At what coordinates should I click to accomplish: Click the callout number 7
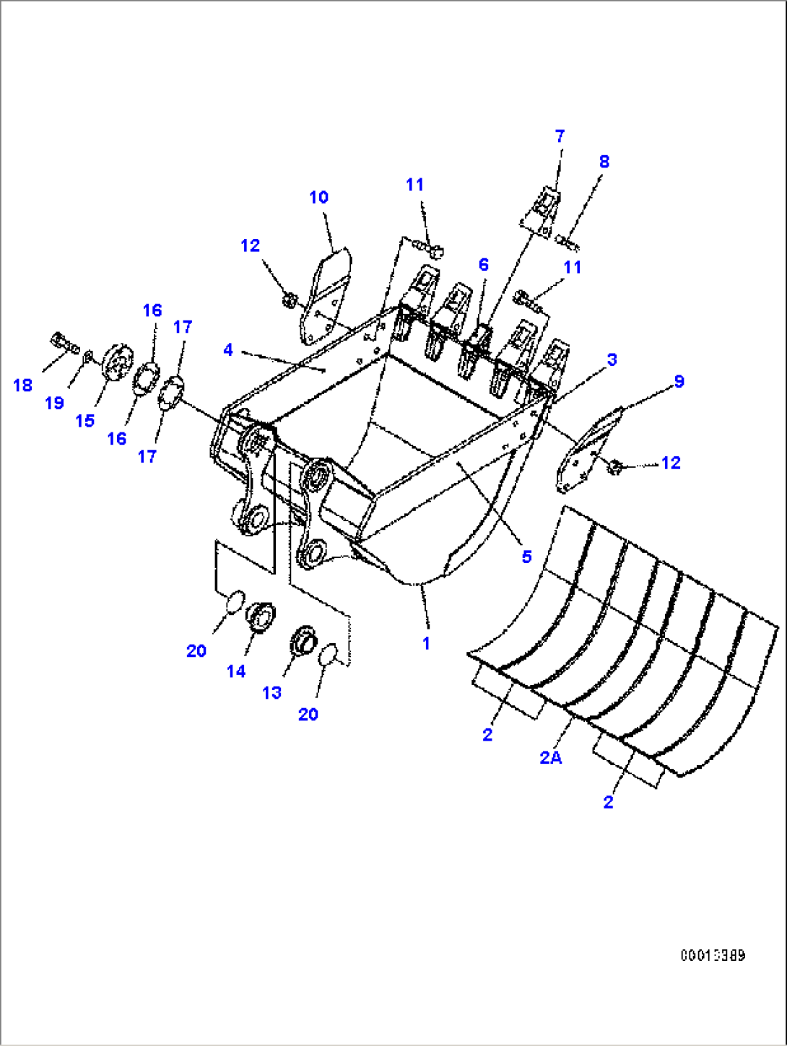tap(560, 136)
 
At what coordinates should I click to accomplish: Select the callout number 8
tap(604, 162)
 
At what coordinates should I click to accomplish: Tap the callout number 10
tap(318, 197)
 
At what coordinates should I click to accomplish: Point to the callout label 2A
tap(551, 757)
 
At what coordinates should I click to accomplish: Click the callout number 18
tap(23, 385)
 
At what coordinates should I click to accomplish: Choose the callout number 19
tap(55, 403)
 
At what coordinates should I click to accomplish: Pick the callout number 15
tap(85, 421)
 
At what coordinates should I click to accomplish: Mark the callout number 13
tap(271, 693)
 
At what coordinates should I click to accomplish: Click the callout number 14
tap(236, 671)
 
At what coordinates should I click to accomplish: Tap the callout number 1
tap(427, 642)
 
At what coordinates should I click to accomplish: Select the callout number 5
tap(526, 557)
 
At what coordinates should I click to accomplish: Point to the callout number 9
tap(679, 382)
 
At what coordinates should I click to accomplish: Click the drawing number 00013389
tap(712, 955)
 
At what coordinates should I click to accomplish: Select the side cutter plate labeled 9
tap(585, 451)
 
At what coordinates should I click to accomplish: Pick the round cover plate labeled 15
tap(115, 362)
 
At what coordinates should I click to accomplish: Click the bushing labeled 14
tap(261, 618)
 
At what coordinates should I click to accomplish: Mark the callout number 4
tap(228, 350)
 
